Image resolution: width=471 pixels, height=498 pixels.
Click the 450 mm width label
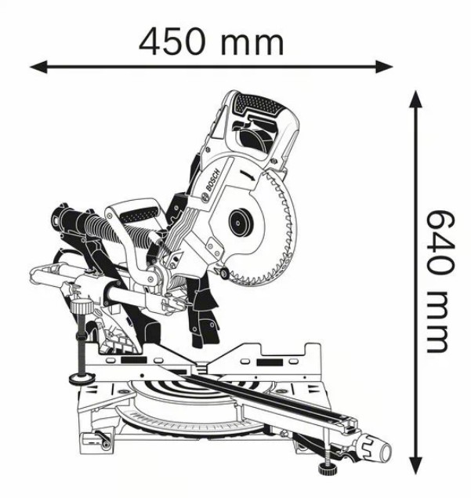tap(211, 42)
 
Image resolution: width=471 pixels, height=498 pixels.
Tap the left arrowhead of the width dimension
tap(38, 67)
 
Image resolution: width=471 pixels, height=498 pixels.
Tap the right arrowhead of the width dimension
tap(384, 67)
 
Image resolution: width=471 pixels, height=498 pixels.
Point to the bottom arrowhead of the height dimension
tap(415, 466)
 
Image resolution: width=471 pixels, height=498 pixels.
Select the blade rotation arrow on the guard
tap(248, 176)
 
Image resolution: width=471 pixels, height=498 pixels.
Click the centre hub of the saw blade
tap(241, 222)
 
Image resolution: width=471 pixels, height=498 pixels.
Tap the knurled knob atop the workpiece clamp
tap(82, 307)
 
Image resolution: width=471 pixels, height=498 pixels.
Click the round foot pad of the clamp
tap(82, 378)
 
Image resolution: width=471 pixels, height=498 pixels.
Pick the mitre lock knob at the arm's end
tap(377, 448)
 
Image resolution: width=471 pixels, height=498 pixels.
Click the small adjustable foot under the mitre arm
tap(328, 467)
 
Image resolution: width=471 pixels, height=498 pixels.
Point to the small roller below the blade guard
tap(225, 273)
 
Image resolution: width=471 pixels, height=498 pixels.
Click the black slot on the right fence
tap(270, 362)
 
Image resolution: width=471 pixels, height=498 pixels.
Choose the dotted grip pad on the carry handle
tap(139, 215)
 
